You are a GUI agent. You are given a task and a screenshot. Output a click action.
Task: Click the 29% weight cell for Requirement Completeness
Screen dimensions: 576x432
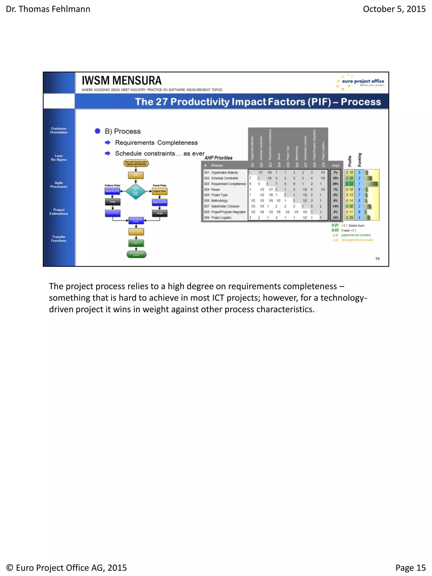pos(335,184)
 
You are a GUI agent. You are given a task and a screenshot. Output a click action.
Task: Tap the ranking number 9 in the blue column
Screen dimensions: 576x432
pos(359,212)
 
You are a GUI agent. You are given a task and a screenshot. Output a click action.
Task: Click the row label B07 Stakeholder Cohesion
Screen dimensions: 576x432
pos(222,206)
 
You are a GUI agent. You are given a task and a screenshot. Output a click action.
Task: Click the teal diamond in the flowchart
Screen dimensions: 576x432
pos(135,191)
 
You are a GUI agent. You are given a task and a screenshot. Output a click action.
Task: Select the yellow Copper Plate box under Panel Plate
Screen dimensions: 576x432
pos(159,191)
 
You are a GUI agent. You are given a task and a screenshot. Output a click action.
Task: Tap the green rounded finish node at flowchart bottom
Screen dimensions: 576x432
pos(136,254)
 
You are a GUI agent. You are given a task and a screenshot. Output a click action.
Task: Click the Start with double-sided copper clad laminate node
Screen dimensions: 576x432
pos(136,163)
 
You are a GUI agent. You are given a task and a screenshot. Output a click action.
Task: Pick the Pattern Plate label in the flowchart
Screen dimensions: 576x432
pos(112,185)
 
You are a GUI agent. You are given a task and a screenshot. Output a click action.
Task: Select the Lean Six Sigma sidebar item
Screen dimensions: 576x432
pos(59,158)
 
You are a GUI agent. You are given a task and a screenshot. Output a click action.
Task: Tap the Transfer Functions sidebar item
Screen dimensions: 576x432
pos(59,239)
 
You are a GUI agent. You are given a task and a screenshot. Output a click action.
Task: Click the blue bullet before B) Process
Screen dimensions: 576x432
pos(97,131)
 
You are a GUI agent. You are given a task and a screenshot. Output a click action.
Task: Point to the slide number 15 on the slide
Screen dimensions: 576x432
pos(377,259)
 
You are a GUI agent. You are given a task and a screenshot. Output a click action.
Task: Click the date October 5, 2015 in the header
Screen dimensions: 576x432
pos(394,9)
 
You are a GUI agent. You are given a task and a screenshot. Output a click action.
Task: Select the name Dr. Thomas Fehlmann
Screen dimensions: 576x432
pos(48,9)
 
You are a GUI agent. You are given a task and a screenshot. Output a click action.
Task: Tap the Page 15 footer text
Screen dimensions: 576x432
pos(410,567)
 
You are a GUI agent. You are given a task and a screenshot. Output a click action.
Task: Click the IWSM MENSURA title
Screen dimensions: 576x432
pos(122,81)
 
